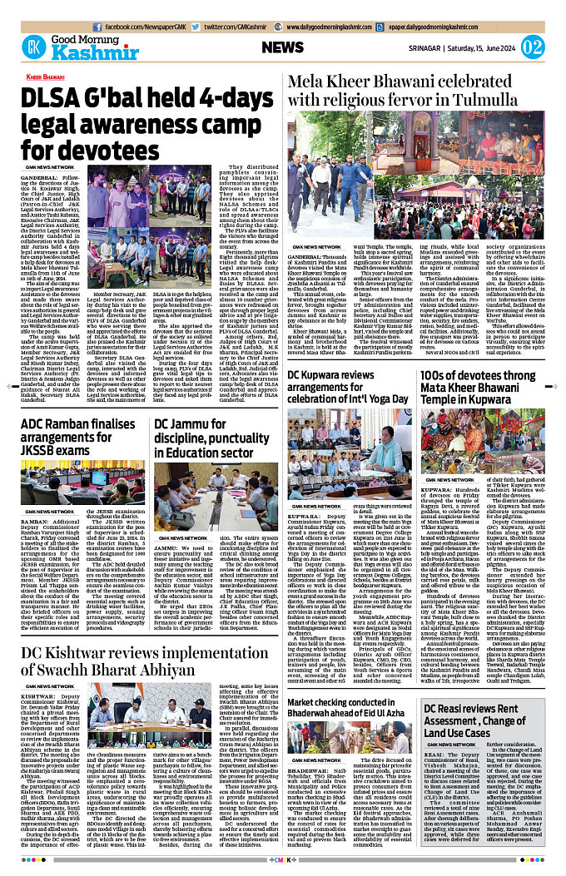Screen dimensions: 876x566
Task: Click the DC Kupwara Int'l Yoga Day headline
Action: [x=350, y=385]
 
